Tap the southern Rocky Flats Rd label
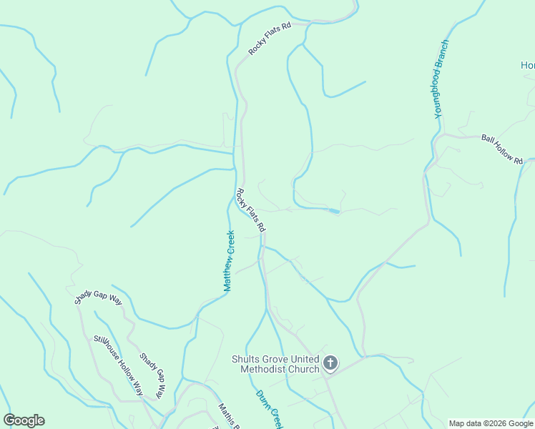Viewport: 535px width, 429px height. point(251,210)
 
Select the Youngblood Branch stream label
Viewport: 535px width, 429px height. point(441,79)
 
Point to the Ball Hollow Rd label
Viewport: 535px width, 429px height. point(502,149)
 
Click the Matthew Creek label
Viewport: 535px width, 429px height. point(229,261)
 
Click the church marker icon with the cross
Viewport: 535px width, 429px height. point(330,363)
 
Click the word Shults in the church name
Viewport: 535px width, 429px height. point(245,359)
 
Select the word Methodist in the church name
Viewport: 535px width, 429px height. point(267,369)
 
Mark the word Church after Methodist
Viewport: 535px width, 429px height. point(305,369)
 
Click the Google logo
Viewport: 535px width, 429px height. point(24,420)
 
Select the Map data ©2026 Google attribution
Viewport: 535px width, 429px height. point(491,423)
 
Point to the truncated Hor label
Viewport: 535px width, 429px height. point(527,66)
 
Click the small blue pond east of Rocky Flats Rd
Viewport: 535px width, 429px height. point(333,211)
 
